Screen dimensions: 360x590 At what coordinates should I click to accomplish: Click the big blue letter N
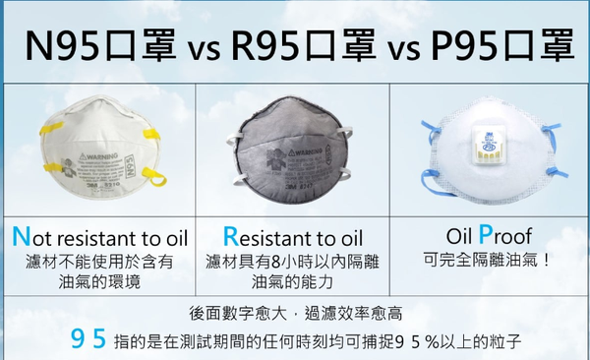coord(19,239)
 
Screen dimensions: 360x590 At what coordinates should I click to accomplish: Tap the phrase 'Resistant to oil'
coord(293,239)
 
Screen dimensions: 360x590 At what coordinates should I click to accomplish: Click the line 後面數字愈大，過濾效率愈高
coord(293,314)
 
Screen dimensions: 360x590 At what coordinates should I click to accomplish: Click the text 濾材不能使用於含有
coord(98,262)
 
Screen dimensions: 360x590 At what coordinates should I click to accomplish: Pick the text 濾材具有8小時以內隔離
coord(293,262)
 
